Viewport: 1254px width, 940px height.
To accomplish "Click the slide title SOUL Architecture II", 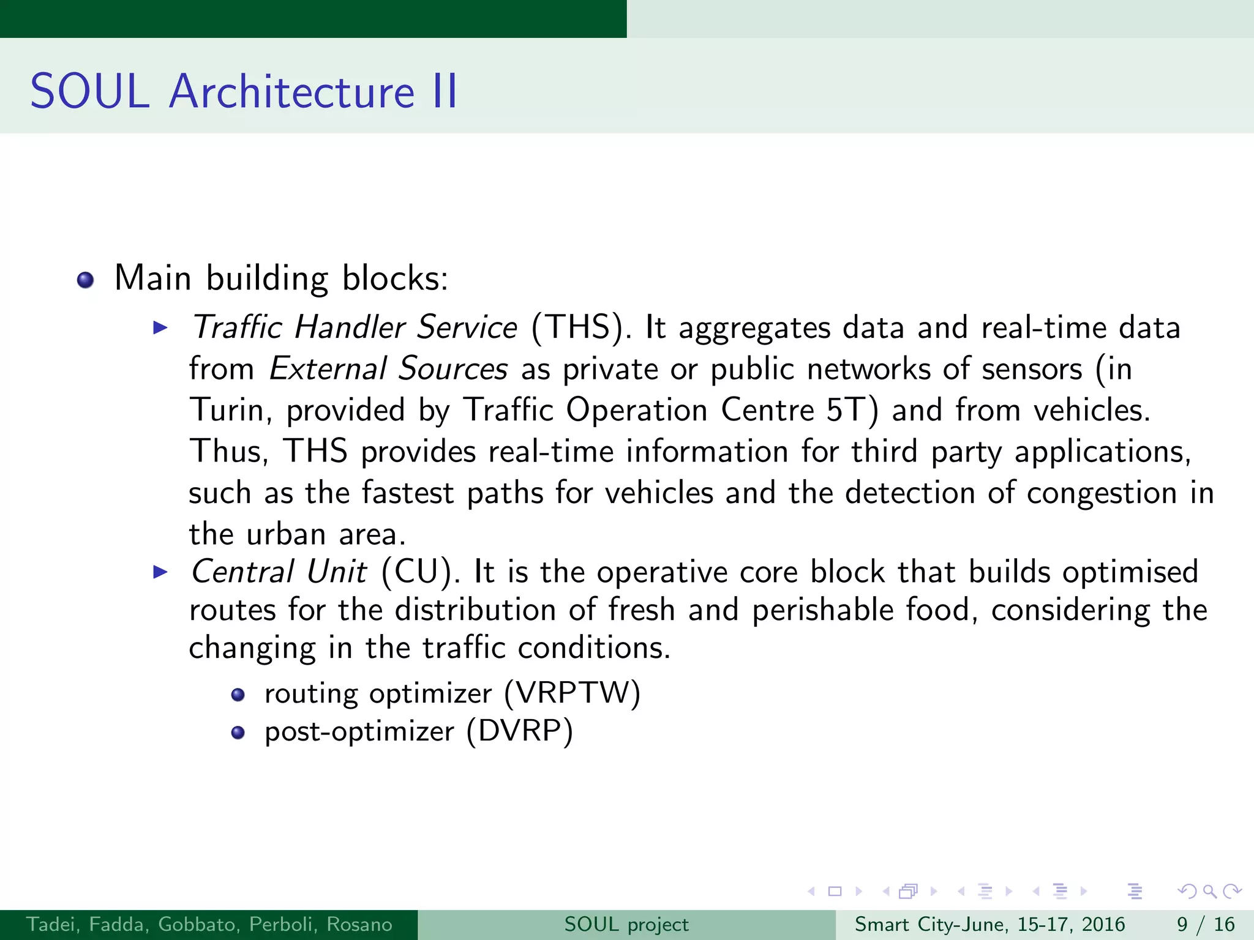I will pyautogui.click(x=244, y=92).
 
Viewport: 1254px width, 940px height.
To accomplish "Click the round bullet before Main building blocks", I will pyautogui.click(x=86, y=280).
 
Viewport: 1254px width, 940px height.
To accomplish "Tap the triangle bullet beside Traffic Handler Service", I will pyautogui.click(x=160, y=327).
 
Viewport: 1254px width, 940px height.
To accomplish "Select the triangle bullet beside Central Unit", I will pyautogui.click(x=160, y=572).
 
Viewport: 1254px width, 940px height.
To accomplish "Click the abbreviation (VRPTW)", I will pyautogui.click(x=572, y=693).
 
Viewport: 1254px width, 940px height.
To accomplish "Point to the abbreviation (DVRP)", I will pyautogui.click(x=519, y=731).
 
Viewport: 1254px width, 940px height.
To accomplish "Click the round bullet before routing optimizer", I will pyautogui.click(x=238, y=695).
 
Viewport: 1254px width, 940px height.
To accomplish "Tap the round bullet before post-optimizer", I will pyautogui.click(x=238, y=733).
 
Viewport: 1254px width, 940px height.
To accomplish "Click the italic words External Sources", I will pyautogui.click(x=388, y=369).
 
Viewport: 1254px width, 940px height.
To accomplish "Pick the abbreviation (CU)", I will pyautogui.click(x=420, y=572).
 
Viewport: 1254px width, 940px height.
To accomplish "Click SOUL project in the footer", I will pyautogui.click(x=626, y=924).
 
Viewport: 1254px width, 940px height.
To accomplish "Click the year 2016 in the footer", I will pyautogui.click(x=1103, y=924).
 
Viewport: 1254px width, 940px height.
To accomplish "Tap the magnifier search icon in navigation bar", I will pyautogui.click(x=1209, y=891).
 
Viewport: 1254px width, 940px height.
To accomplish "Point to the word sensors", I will pyautogui.click(x=1032, y=369).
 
